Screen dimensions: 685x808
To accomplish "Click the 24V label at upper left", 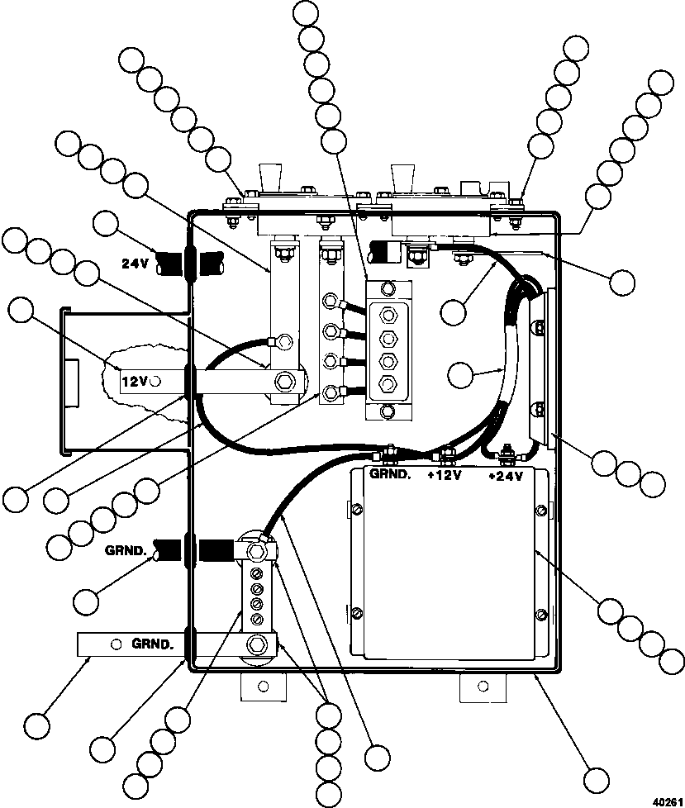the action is (x=135, y=264).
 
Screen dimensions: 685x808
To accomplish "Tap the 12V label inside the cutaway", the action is (x=135, y=382).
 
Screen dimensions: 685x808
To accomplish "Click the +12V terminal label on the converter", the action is (x=444, y=476).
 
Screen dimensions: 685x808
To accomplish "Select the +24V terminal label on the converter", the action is (x=506, y=476).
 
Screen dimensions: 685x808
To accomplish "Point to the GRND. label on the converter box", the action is (x=390, y=474).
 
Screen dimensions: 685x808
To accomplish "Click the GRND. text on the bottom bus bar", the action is (x=153, y=644).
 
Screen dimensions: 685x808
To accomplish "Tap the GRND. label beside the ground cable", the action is (x=126, y=550).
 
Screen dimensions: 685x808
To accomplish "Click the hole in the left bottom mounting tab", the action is (x=263, y=687).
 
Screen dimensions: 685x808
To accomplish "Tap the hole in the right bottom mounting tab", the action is (x=483, y=686).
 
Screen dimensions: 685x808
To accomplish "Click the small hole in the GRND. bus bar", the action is (x=117, y=644).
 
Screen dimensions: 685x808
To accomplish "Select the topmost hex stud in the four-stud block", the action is (x=388, y=314).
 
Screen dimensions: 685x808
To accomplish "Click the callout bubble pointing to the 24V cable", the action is (x=106, y=222).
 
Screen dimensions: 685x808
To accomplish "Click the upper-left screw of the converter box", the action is (x=356, y=510).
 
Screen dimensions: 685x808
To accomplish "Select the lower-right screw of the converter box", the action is (x=541, y=614).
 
